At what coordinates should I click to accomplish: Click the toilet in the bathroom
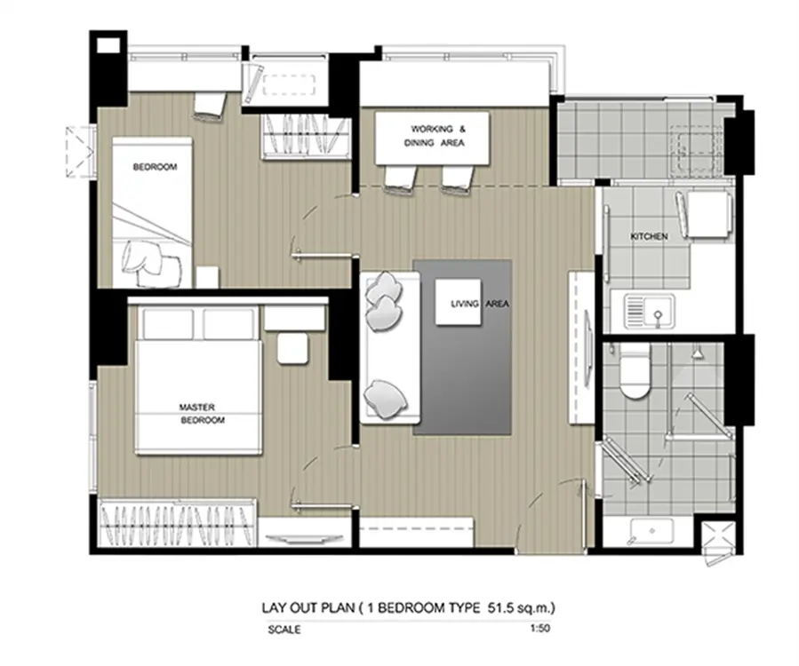[x=635, y=370]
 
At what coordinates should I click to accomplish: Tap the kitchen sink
[x=650, y=311]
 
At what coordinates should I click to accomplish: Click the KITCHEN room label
[x=649, y=236]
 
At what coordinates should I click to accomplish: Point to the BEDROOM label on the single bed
[x=155, y=167]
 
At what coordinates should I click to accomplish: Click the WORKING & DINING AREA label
[x=435, y=136]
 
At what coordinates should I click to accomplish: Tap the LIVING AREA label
[x=480, y=304]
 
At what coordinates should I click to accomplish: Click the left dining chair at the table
[x=400, y=179]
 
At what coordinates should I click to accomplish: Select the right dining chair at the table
[x=459, y=179]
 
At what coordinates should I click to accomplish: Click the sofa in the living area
[x=390, y=347]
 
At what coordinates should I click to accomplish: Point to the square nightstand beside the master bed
[x=293, y=348]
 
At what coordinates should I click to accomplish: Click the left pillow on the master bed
[x=168, y=324]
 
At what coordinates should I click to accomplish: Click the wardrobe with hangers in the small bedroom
[x=306, y=137]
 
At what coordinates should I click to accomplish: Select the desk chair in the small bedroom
[x=210, y=107]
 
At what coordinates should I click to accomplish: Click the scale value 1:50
[x=540, y=628]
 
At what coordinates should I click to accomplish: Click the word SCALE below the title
[x=284, y=630]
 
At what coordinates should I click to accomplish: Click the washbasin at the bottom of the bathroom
[x=651, y=530]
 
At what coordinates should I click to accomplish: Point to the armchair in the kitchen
[x=705, y=214]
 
